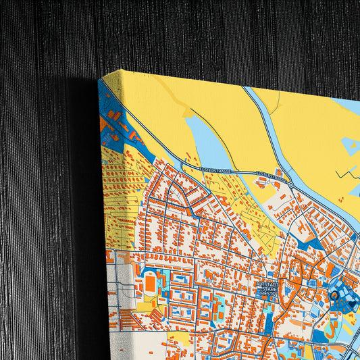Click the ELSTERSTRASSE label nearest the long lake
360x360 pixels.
[215, 170]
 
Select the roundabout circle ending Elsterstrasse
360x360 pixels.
[291, 183]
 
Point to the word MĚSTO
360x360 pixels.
[268, 297]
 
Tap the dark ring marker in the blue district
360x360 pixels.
[334, 295]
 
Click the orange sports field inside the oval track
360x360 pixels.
[150, 283]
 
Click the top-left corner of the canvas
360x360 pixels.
[100, 78]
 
